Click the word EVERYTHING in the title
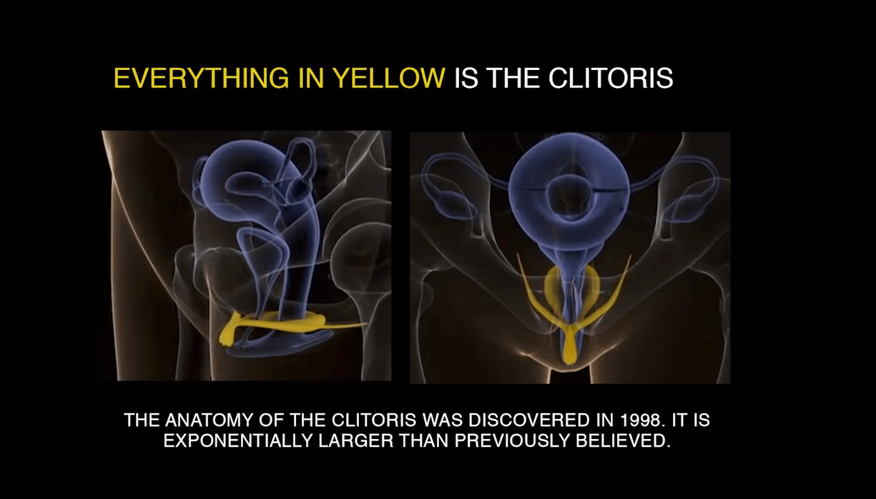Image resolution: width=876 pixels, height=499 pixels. coord(201,78)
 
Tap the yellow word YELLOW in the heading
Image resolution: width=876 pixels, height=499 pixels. coord(390,78)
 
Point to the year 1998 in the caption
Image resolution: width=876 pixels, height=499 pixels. coord(643,420)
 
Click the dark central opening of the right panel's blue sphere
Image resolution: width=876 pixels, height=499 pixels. coord(569,194)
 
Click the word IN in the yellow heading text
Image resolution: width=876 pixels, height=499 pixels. coord(311,78)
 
